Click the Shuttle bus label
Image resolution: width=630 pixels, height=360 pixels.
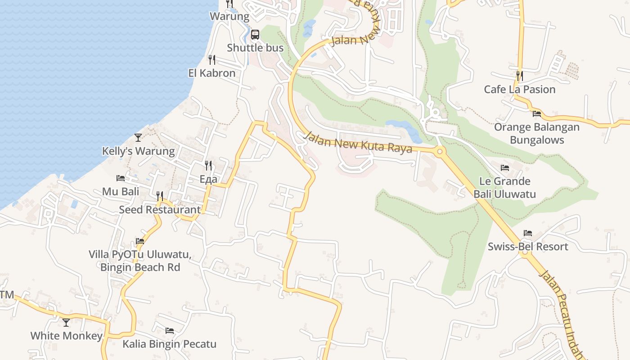click(255, 48)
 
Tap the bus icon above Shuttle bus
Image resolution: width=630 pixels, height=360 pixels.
click(255, 35)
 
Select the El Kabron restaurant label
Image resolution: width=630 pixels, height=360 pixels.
click(211, 73)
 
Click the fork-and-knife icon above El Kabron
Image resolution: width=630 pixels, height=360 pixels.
click(211, 59)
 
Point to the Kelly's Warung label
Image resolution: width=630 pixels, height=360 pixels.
click(138, 151)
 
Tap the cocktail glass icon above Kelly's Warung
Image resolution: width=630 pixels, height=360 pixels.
click(138, 137)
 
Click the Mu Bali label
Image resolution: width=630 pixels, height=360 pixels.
click(121, 191)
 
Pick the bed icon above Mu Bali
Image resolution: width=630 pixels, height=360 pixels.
click(121, 178)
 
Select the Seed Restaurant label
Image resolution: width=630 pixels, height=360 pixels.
click(160, 209)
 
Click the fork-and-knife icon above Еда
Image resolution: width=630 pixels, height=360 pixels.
click(208, 166)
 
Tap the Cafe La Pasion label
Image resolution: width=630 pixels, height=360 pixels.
click(520, 89)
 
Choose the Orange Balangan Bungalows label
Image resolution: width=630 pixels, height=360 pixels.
click(537, 133)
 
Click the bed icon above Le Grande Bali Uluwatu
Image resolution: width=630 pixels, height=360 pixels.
click(505, 168)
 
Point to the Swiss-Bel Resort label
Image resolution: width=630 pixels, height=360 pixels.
click(528, 247)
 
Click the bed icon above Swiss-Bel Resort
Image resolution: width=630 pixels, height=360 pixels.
click(528, 233)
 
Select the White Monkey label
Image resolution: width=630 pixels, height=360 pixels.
click(66, 336)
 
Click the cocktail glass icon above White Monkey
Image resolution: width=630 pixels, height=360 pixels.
click(66, 322)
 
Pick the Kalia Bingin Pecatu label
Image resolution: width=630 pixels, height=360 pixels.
click(170, 344)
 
